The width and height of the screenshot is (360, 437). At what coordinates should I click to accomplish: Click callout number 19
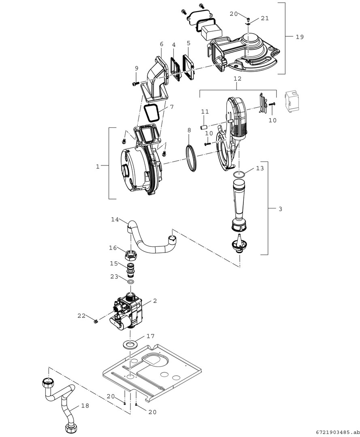pyautogui.click(x=299, y=37)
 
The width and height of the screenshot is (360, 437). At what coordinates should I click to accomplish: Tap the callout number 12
pyautogui.click(x=237, y=78)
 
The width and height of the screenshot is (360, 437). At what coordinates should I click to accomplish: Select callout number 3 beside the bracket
pyautogui.click(x=280, y=209)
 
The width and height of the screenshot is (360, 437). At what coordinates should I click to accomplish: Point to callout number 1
pyautogui.click(x=98, y=166)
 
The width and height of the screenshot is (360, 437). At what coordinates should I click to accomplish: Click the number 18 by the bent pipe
pyautogui.click(x=85, y=405)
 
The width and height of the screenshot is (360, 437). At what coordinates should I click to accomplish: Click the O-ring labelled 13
pyautogui.click(x=239, y=174)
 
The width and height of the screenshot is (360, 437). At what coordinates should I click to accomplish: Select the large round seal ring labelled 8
pyautogui.click(x=192, y=158)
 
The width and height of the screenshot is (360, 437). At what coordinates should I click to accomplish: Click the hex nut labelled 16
pyautogui.click(x=132, y=255)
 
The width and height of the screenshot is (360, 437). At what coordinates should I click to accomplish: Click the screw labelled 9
pyautogui.click(x=135, y=83)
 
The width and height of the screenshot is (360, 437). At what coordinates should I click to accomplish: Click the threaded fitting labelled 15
pyautogui.click(x=132, y=269)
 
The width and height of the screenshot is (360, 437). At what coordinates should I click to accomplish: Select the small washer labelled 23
pyautogui.click(x=131, y=281)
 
